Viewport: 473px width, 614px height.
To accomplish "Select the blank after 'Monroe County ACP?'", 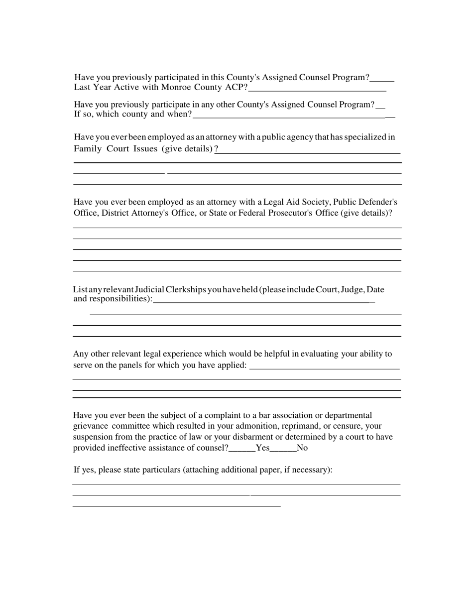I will pyautogui.click(x=317, y=89).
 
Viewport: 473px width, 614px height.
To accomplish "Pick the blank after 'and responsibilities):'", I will pyautogui.click(x=261, y=301).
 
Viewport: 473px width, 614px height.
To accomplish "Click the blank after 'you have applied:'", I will pyautogui.click(x=324, y=367).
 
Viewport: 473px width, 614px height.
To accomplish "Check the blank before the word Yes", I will pyautogui.click(x=242, y=448).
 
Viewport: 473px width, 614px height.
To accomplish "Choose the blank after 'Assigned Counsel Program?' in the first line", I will pyautogui.click(x=382, y=79).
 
